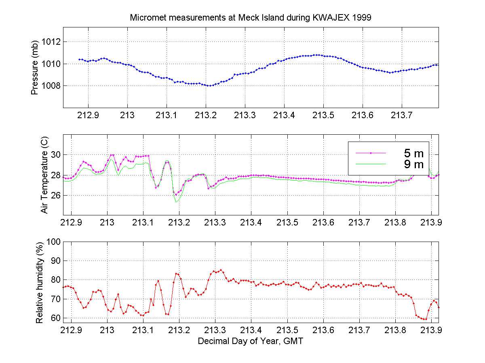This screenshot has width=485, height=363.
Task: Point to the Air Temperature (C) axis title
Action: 44,175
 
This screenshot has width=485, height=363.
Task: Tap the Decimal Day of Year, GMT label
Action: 250,341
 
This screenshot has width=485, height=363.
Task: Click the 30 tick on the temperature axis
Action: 55,155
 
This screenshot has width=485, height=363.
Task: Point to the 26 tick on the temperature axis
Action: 55,195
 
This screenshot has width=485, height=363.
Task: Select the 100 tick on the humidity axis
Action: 53,242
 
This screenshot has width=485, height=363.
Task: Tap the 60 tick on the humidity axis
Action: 55,318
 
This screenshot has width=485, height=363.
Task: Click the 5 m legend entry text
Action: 413,153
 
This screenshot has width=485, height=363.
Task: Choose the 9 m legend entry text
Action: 413,164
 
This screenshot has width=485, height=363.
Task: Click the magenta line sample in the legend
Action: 371,153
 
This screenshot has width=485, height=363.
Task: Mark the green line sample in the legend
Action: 371,164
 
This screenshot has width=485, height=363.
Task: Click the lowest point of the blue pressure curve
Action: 209,86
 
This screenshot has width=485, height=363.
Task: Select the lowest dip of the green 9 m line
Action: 176,202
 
